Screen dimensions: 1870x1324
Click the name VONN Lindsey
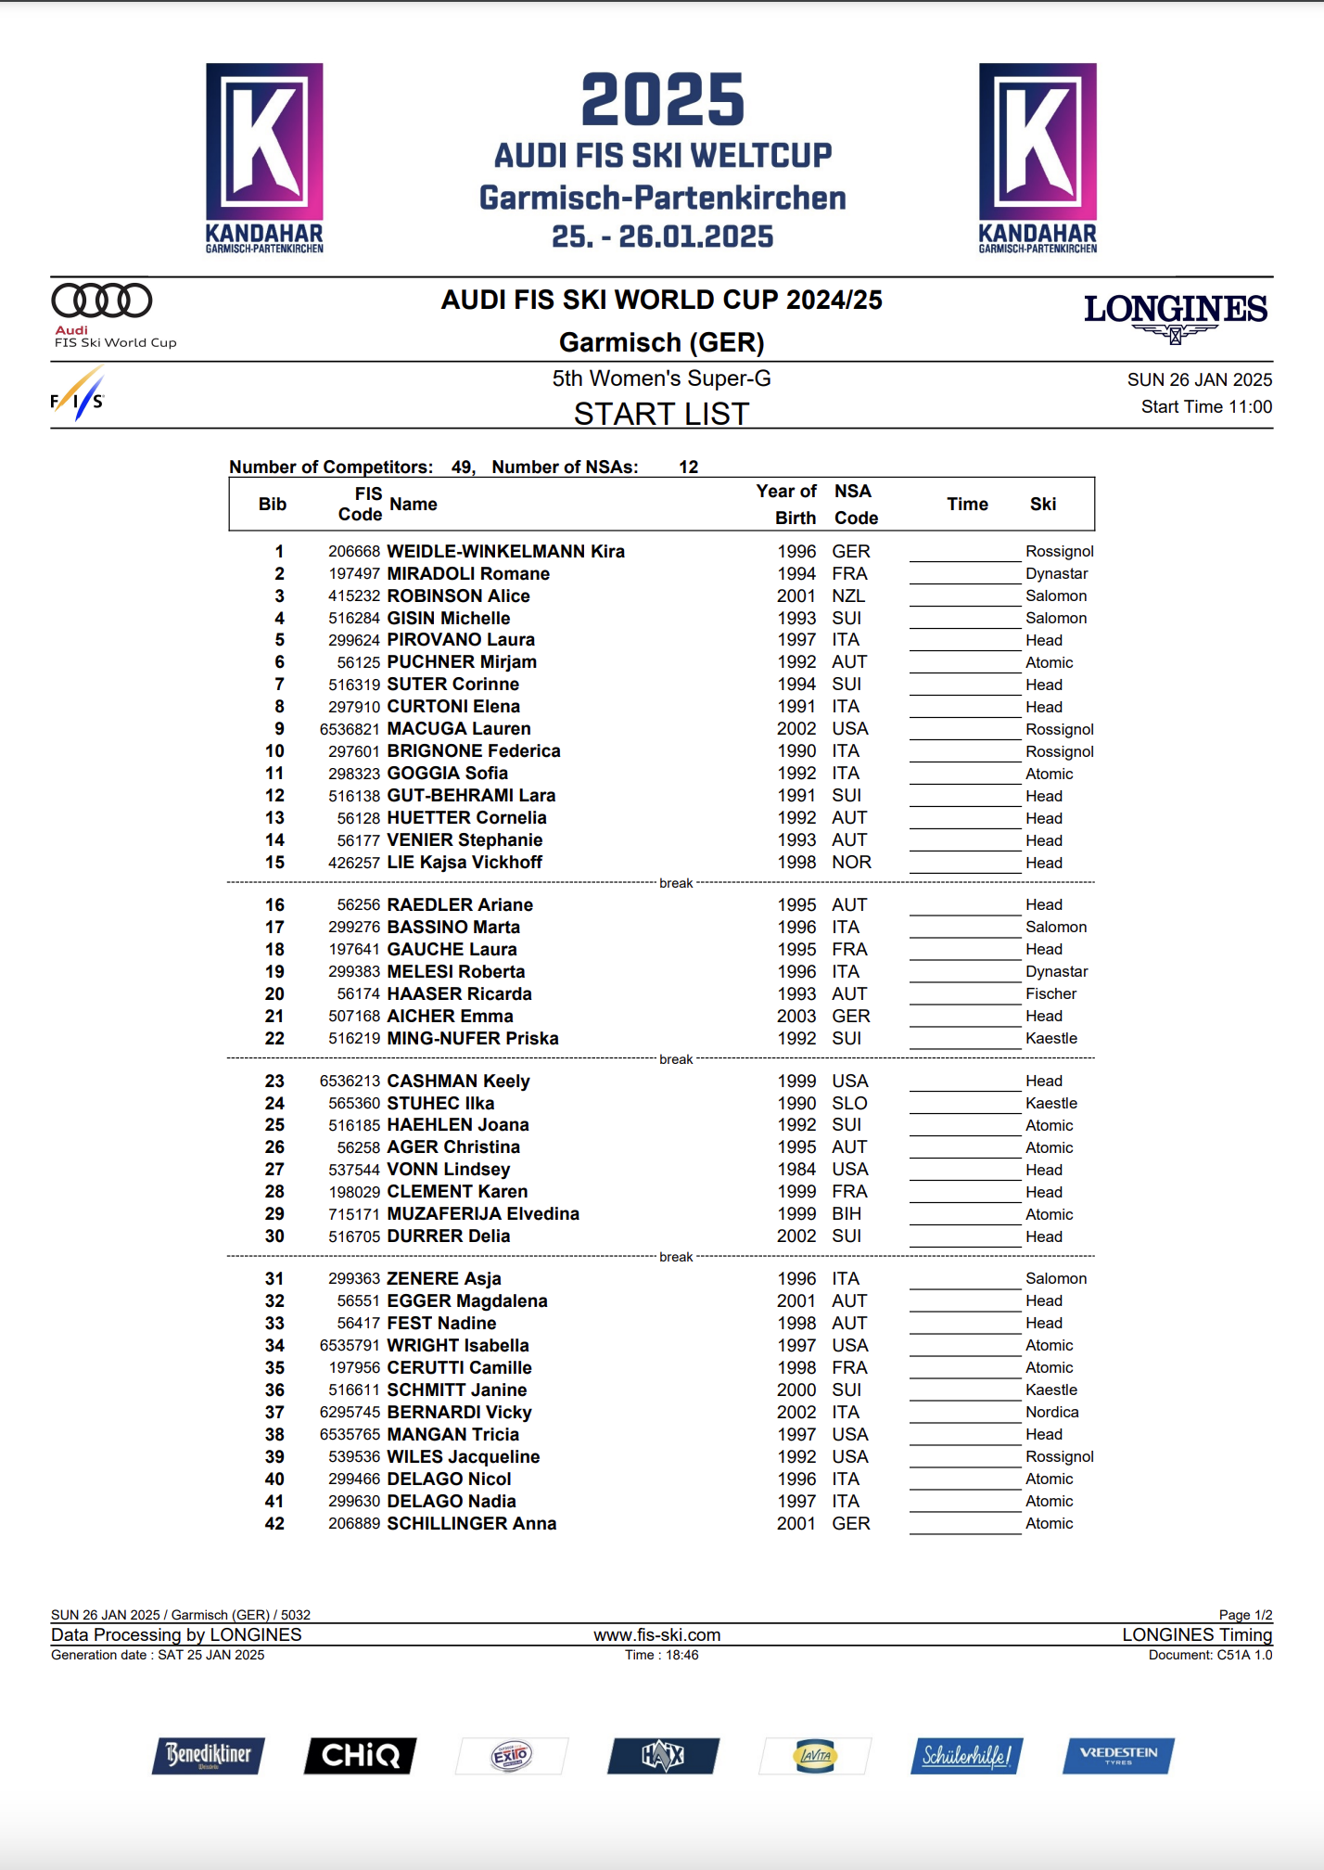coord(448,1170)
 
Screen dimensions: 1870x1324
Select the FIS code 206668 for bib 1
coord(354,552)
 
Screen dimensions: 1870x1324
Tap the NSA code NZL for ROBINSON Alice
coord(847,596)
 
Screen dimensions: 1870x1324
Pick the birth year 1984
coord(796,1170)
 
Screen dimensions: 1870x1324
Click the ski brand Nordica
coord(1051,1413)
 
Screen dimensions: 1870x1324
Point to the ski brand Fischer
coord(1050,994)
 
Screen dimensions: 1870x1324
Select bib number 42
coord(274,1524)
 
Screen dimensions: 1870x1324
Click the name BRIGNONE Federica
coord(473,751)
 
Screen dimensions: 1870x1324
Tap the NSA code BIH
coord(846,1214)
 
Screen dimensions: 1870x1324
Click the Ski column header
coord(1042,505)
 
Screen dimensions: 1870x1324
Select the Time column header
coord(967,505)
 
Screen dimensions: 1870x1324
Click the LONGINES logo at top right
coord(1175,315)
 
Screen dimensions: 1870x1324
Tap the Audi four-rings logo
coord(102,301)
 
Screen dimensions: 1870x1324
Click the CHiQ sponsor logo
coord(361,1755)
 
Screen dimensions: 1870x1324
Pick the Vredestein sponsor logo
coord(1118,1755)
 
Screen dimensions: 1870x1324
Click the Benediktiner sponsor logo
coord(209,1755)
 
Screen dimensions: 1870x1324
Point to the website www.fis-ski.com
coord(656,1635)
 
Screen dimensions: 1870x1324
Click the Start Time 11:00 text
coord(1205,407)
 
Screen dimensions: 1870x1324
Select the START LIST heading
coord(661,414)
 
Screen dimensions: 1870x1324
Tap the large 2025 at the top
coord(662,100)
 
